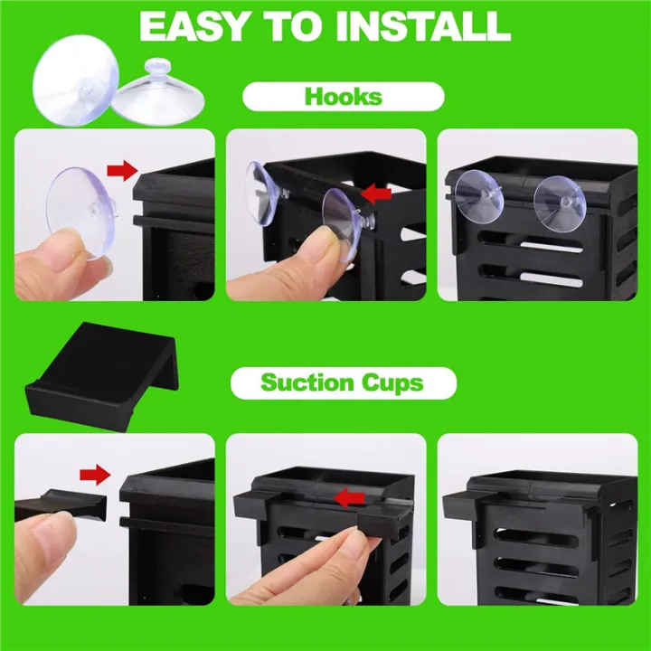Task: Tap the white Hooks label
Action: tap(343, 97)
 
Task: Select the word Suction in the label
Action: tap(304, 382)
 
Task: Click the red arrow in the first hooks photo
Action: tap(120, 169)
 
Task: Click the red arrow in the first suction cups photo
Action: tap(93, 473)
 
